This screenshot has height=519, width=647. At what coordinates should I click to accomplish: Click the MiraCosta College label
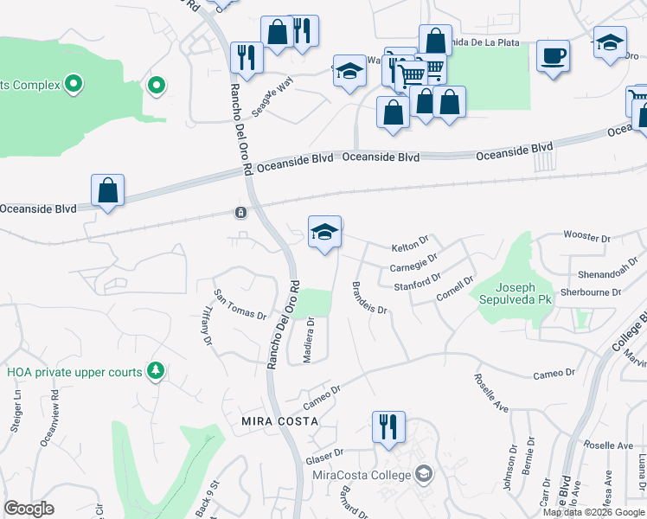[362, 474]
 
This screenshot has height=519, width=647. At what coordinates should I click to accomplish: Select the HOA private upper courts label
[74, 372]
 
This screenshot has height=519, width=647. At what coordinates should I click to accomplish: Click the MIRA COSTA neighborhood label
[280, 420]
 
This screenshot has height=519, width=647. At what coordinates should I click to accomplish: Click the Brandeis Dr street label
[369, 297]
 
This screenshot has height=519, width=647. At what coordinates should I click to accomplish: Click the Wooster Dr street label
[586, 234]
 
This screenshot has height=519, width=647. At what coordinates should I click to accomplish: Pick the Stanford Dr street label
[417, 284]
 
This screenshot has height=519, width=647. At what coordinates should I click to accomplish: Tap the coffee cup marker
[552, 57]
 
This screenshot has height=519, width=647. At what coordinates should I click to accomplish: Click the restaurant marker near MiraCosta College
[386, 426]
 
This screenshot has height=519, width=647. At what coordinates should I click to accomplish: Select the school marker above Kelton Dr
[324, 232]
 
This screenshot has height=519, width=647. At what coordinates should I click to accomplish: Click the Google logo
[29, 509]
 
